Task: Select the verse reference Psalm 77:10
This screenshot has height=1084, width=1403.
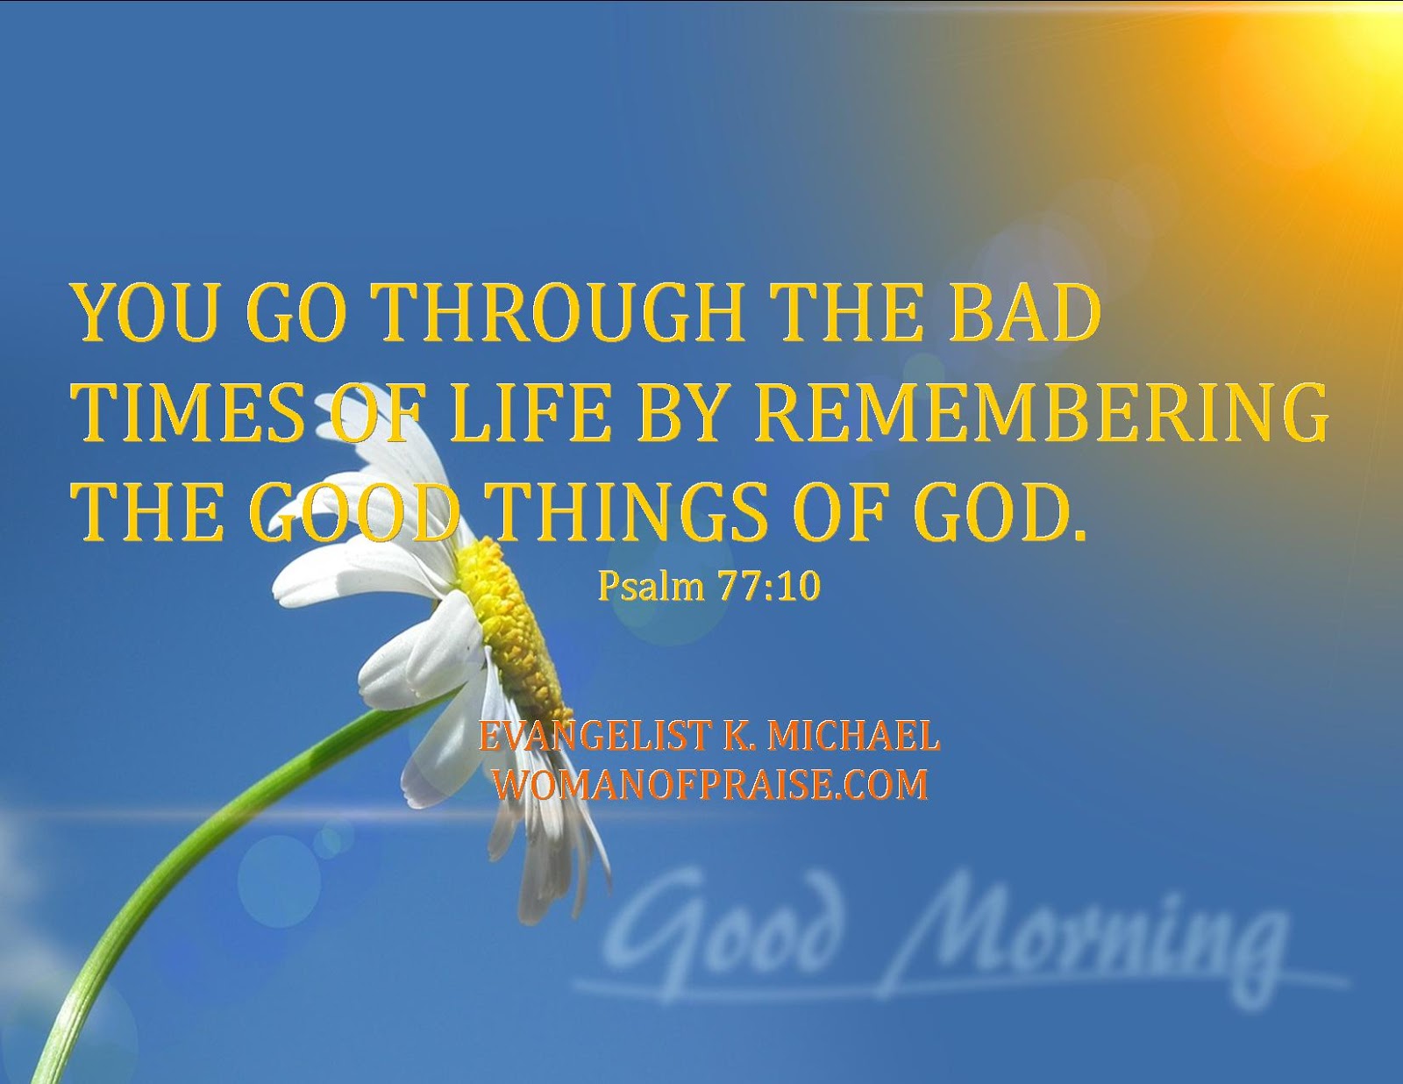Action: (709, 586)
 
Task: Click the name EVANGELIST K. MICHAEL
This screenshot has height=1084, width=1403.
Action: (709, 736)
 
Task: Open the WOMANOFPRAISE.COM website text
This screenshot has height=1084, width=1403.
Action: (709, 784)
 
